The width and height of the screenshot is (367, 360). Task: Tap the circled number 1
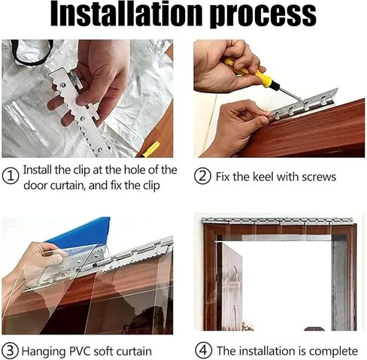point(11,177)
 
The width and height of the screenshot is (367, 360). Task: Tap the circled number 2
point(203,177)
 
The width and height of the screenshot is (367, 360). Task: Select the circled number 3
point(11,350)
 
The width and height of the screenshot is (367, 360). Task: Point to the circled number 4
point(203,350)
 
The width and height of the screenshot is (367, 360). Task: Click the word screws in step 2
point(317,177)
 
